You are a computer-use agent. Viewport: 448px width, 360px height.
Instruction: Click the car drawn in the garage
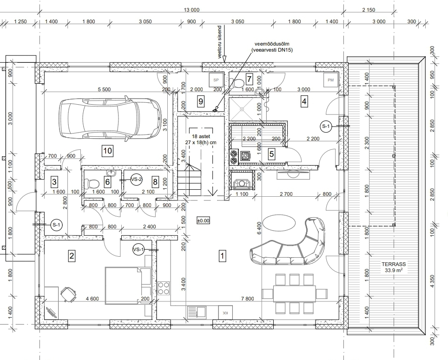[x=110, y=119]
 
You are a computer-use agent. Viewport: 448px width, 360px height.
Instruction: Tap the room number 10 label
[x=107, y=151]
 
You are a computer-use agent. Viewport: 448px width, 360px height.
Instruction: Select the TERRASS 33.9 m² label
[x=394, y=267]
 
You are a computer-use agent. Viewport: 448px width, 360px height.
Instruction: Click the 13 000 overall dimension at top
[x=191, y=10]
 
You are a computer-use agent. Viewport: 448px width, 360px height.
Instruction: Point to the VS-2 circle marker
[x=136, y=180]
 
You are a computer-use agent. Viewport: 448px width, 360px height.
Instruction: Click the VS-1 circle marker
[x=138, y=250]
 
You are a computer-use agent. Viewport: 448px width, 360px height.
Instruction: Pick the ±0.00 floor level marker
[x=203, y=220]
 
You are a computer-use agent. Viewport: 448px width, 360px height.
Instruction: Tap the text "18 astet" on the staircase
[x=201, y=136]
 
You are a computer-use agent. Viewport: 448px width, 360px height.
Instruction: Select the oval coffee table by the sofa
[x=279, y=222]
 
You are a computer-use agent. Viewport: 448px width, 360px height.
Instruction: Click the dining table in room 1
[x=295, y=293]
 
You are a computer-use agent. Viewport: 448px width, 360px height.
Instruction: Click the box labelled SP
[x=216, y=80]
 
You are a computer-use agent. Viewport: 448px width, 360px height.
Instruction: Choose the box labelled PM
[x=330, y=80]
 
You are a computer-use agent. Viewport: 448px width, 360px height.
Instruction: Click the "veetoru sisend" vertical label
[x=220, y=42]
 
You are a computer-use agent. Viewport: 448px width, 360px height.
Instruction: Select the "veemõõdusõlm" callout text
[x=272, y=44]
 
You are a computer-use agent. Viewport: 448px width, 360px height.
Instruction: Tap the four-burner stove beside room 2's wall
[x=164, y=288]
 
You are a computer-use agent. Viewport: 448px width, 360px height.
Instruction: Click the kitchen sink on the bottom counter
[x=197, y=312]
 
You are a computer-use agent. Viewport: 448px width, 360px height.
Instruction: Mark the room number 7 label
[x=249, y=79]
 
